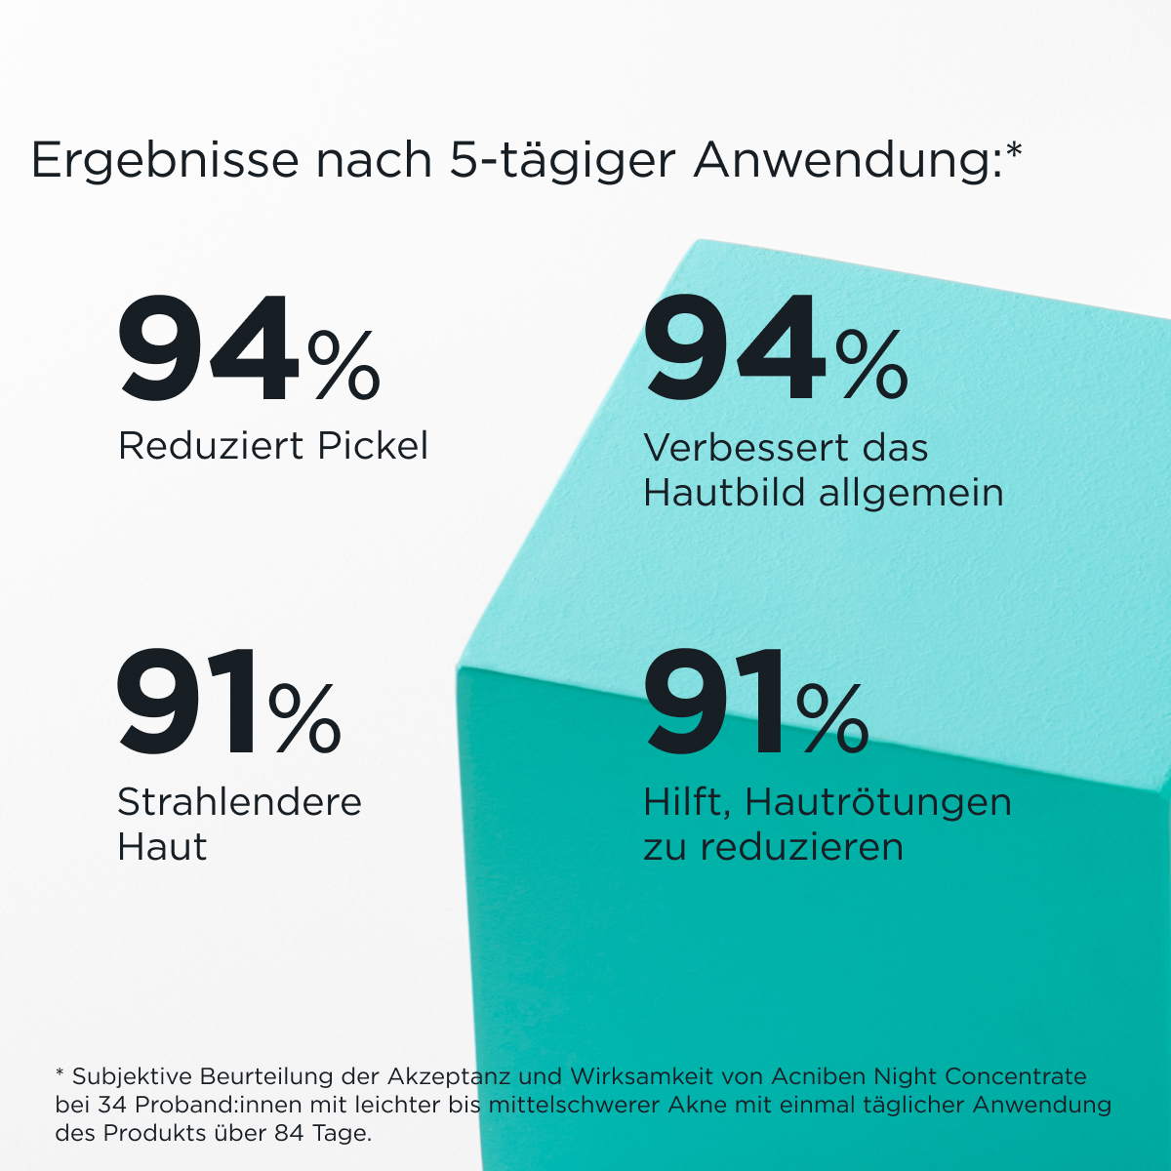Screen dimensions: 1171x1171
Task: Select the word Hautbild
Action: pyautogui.click(x=723, y=492)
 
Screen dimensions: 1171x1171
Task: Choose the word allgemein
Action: pyautogui.click(x=911, y=493)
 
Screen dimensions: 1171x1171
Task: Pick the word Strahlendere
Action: pyautogui.click(x=239, y=802)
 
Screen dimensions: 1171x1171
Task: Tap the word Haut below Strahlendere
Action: pyautogui.click(x=162, y=846)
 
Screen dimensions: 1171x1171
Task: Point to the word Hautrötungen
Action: pyautogui.click(x=878, y=803)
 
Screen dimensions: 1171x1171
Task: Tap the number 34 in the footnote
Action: pyautogui.click(x=112, y=1105)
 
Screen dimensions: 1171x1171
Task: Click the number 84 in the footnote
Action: pyautogui.click(x=290, y=1133)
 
